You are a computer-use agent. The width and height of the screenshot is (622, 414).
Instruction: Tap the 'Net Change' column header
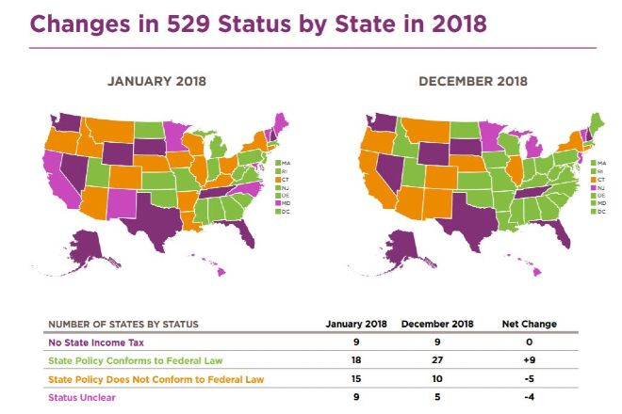[x=530, y=324]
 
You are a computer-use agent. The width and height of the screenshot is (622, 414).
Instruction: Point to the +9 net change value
[x=530, y=360]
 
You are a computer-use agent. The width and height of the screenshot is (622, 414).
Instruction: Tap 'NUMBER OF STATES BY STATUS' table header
[x=123, y=325]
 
